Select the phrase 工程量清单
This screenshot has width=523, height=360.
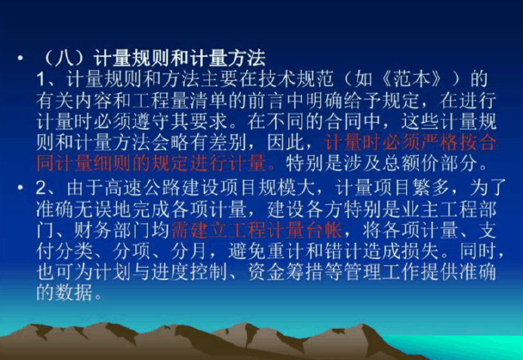[190, 100]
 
